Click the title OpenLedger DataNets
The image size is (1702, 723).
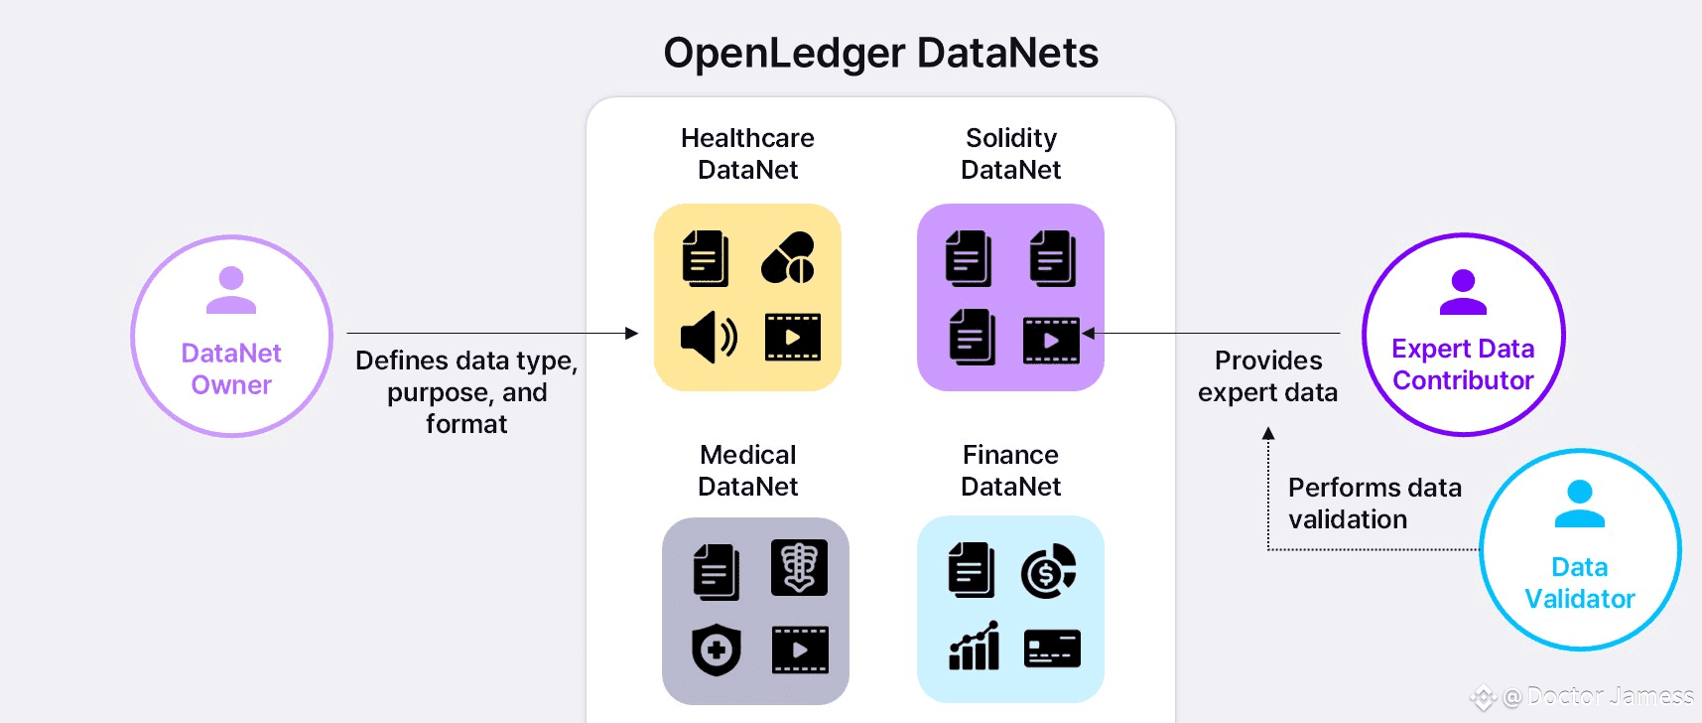click(880, 53)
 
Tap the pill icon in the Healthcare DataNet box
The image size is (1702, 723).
click(788, 258)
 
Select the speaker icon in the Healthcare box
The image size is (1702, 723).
click(708, 338)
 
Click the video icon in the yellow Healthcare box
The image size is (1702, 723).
click(792, 338)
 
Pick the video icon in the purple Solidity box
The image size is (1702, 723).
click(1050, 340)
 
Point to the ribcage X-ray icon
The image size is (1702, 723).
click(799, 568)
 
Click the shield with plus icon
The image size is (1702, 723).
click(716, 651)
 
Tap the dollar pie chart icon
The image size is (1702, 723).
click(1048, 571)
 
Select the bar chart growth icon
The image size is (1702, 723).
click(975, 647)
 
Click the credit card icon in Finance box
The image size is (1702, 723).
click(1052, 649)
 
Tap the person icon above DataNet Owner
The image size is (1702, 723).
click(231, 290)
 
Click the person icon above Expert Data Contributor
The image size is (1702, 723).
click(1463, 292)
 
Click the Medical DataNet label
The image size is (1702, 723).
click(748, 470)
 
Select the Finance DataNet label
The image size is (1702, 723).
click(1010, 470)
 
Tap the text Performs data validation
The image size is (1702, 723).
click(1375, 504)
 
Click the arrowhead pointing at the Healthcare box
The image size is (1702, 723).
click(632, 334)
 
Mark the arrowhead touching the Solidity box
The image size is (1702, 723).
click(1089, 334)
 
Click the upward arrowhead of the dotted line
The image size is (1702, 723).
click(1268, 433)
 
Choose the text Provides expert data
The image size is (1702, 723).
click(1267, 376)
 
